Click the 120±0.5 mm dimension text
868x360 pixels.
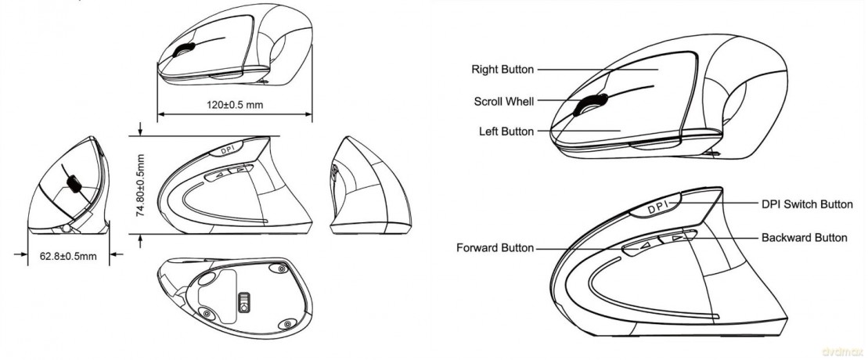tap(236, 105)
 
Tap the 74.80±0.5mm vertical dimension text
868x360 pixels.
tap(141, 185)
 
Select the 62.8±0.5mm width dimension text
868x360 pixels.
tap(68, 257)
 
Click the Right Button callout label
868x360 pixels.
tap(502, 69)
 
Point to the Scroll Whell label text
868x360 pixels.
tap(504, 102)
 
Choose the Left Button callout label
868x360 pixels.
tap(506, 131)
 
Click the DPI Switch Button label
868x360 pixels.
tap(807, 204)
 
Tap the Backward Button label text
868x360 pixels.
tap(805, 238)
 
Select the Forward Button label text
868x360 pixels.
tap(495, 247)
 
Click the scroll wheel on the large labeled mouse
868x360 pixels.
tap(590, 103)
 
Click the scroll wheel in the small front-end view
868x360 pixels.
tap(74, 185)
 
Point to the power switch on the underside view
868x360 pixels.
tap(243, 303)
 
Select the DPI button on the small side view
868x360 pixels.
tap(225, 150)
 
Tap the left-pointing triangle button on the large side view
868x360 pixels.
tap(641, 247)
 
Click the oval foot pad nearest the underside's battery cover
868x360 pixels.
tap(207, 279)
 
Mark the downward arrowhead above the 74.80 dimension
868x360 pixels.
tap(141, 131)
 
